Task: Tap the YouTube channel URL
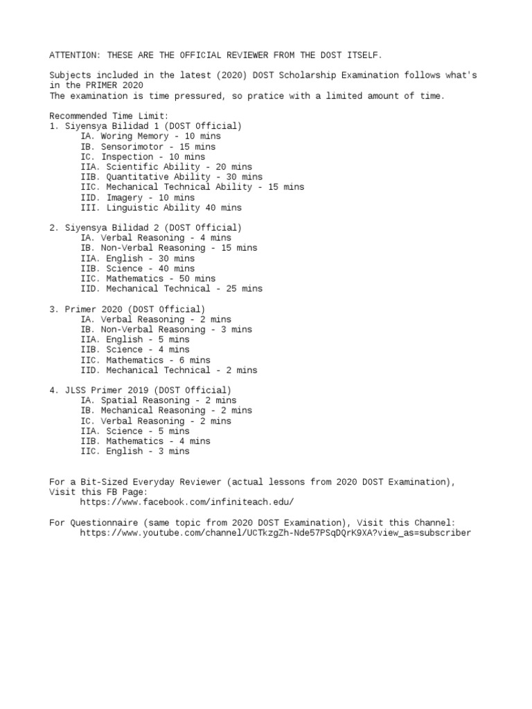(275, 532)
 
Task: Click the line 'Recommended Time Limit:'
(109, 116)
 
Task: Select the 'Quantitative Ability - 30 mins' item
(171, 177)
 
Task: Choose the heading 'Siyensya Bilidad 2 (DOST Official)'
(145, 228)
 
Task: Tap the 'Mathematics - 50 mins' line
(150, 278)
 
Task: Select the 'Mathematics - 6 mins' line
(145, 360)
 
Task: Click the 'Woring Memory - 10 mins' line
(150, 136)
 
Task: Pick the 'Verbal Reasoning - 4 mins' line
(156, 237)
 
